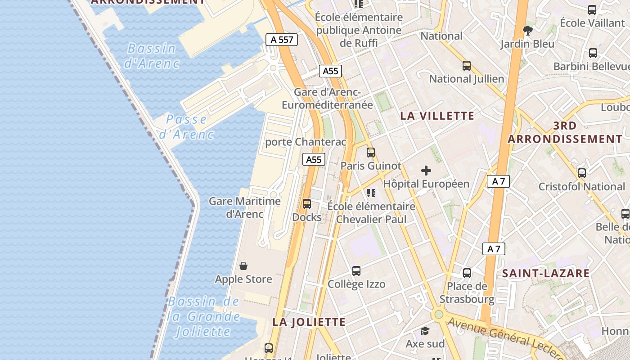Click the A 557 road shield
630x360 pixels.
(282, 40)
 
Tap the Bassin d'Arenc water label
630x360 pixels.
(151, 55)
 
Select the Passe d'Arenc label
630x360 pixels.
(186, 126)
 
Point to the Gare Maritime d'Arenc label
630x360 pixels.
(244, 207)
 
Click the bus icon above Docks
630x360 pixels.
(307, 204)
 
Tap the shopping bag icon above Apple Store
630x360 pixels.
(243, 266)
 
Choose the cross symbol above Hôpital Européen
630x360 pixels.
(426, 171)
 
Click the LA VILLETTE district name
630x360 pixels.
(437, 116)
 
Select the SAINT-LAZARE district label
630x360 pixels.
(545, 273)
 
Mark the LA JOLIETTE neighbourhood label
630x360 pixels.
(309, 322)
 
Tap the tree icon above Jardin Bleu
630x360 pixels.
(528, 31)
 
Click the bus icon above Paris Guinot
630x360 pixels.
(370, 153)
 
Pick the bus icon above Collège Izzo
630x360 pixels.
(356, 271)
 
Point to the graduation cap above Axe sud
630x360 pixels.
(425, 331)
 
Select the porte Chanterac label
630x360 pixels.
(306, 142)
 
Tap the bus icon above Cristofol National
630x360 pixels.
(582, 173)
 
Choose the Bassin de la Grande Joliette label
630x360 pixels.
(203, 316)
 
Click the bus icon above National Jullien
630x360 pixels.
(467, 66)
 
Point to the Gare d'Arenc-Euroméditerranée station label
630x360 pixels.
(327, 99)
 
